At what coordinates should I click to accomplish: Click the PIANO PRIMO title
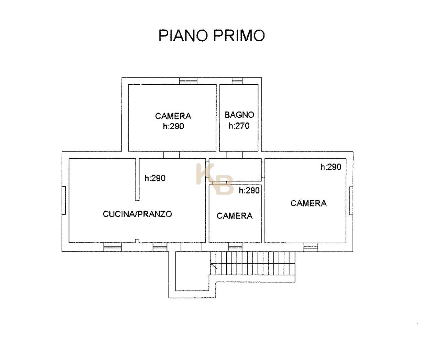(212, 35)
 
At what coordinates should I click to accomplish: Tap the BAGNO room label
(239, 115)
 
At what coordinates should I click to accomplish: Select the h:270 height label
(239, 126)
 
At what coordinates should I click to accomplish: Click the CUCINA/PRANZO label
(137, 214)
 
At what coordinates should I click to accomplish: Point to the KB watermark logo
(215, 179)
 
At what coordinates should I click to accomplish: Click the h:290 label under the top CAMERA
(173, 126)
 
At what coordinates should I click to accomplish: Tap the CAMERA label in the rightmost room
(309, 203)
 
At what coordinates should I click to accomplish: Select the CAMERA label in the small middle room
(235, 216)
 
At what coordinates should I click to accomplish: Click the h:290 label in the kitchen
(155, 178)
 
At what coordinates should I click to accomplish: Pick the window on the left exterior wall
(64, 200)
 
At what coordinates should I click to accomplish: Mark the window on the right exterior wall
(351, 201)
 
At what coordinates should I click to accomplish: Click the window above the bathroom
(237, 81)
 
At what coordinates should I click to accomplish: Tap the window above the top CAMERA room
(188, 81)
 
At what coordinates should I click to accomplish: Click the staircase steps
(252, 263)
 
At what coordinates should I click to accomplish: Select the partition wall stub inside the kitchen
(137, 179)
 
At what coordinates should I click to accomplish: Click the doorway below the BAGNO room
(235, 155)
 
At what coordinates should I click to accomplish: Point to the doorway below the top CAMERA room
(172, 155)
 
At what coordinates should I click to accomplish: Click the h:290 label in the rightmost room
(331, 167)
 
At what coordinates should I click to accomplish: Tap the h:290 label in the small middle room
(249, 190)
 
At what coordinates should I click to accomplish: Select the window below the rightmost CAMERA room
(311, 247)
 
